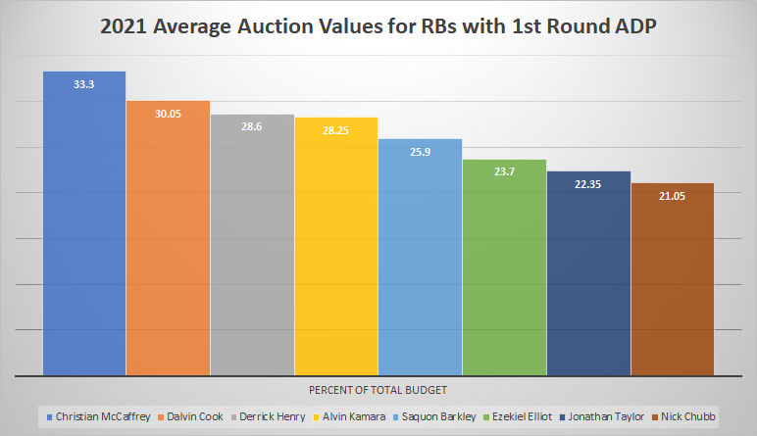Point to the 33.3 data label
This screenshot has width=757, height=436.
click(84, 85)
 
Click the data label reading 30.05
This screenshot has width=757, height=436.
click(168, 114)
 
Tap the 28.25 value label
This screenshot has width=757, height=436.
click(336, 130)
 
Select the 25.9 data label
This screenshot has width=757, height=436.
click(420, 152)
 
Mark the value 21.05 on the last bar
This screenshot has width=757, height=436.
click(672, 196)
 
